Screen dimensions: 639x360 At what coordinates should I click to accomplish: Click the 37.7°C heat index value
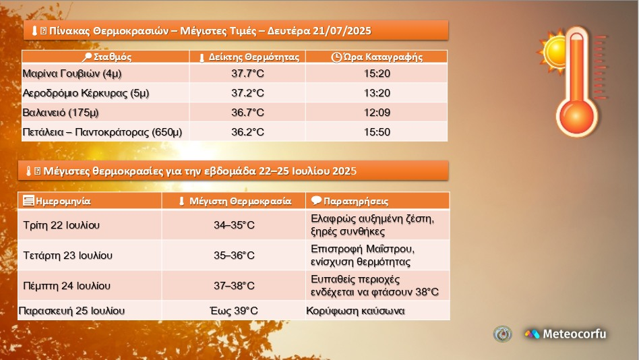tap(247, 73)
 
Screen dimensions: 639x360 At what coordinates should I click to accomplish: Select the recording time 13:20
tap(377, 93)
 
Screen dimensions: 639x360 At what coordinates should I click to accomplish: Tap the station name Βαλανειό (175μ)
tap(60, 113)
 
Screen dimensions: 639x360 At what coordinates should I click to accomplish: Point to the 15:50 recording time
tap(377, 132)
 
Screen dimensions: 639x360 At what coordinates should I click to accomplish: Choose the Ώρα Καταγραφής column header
tap(383, 57)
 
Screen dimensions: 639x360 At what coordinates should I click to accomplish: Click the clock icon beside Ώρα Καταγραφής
tap(336, 57)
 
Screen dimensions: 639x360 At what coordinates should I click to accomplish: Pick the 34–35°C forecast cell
tap(234, 225)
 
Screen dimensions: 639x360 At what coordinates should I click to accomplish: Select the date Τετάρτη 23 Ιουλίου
tap(67, 256)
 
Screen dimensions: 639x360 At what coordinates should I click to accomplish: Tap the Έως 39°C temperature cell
tap(234, 311)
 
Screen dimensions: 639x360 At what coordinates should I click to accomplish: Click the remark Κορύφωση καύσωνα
tap(355, 311)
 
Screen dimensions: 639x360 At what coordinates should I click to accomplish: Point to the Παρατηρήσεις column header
tap(356, 201)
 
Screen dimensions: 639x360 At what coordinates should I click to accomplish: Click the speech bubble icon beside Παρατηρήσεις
tap(316, 200)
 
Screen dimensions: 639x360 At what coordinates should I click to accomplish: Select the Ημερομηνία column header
tap(63, 201)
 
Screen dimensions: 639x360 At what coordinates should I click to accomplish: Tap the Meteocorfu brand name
tap(574, 334)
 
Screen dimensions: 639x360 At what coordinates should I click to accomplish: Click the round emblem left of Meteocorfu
tap(502, 334)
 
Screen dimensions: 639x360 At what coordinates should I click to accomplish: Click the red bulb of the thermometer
tap(576, 117)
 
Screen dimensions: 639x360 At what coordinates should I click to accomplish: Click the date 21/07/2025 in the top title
tap(342, 31)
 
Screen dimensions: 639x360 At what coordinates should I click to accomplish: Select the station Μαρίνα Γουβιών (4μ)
tap(72, 73)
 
